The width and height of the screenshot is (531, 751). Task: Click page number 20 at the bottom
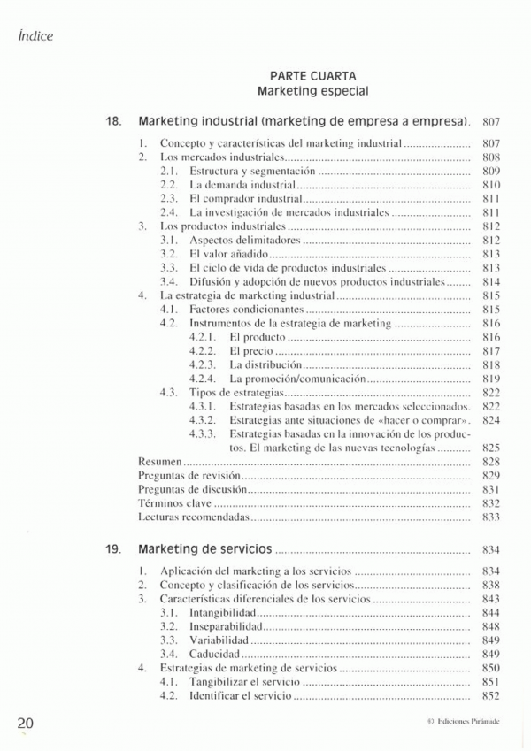pos(25,722)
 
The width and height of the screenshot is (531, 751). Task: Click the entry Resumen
pos(160,462)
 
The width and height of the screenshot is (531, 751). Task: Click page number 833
pos(492,517)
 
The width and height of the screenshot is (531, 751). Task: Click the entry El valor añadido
pos(228,254)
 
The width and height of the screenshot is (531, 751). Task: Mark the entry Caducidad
pos(215,654)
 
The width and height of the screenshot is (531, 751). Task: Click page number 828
pos(492,462)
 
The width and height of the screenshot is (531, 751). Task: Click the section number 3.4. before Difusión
pos(171,281)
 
